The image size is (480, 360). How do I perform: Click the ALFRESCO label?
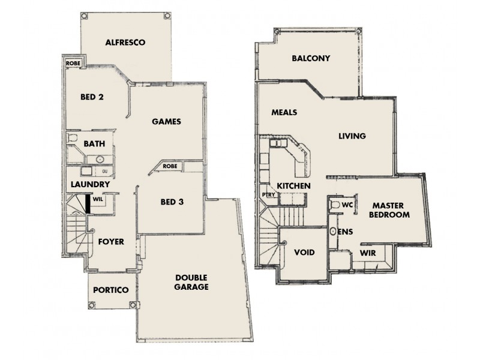[126, 43]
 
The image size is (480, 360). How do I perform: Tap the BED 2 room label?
[93, 96]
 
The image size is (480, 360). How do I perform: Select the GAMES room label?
[166, 121]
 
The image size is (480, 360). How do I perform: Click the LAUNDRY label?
[89, 184]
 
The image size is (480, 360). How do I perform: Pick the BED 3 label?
[172, 202]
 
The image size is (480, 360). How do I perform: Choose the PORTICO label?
[111, 290]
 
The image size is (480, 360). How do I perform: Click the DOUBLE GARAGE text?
[192, 282]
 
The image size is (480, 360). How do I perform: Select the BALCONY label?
[311, 58]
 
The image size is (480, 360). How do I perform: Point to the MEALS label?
[284, 112]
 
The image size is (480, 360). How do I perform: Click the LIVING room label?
[352, 136]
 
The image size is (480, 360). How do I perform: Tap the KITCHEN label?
[293, 186]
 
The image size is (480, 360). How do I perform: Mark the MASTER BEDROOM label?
[389, 209]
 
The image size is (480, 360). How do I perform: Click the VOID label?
[304, 253]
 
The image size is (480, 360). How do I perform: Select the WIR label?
[368, 253]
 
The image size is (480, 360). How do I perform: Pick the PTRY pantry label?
[268, 194]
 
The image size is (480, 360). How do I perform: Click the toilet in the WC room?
[335, 205]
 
